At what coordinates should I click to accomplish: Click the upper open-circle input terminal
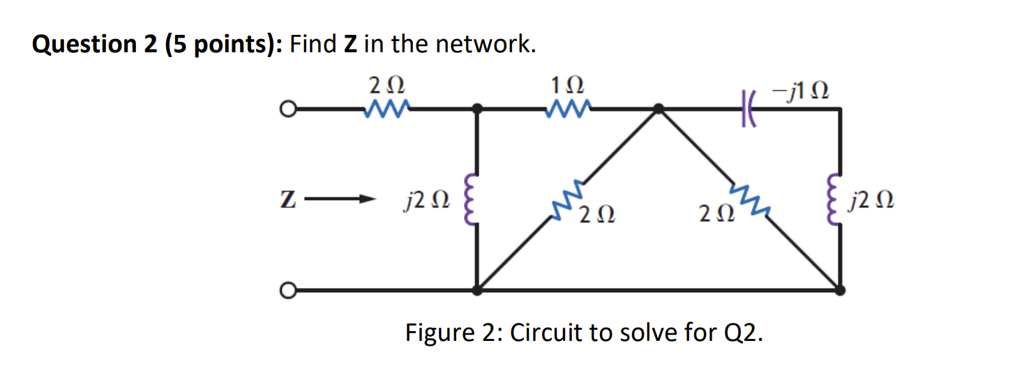(x=284, y=109)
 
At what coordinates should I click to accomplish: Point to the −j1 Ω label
(x=800, y=91)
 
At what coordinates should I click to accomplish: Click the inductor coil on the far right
(x=834, y=202)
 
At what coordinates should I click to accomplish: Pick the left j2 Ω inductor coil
(x=471, y=202)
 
